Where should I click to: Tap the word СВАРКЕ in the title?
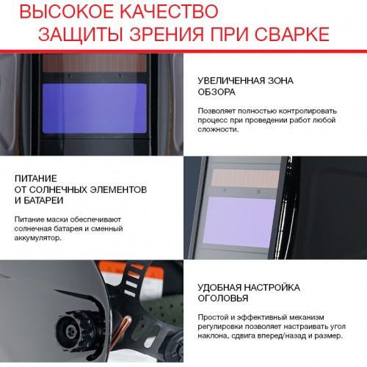pos(292,34)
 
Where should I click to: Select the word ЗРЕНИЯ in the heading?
pos(167,34)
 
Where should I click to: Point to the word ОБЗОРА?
pos(217,92)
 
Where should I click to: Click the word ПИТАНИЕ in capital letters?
pos(36,178)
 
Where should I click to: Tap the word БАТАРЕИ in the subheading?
pos(43,200)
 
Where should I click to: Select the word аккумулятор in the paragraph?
pos(37,238)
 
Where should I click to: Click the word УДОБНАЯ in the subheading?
pos(219,288)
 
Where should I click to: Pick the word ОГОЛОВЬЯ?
pos(223,299)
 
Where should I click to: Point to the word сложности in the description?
pos(217,129)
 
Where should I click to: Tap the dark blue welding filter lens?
pos(95,108)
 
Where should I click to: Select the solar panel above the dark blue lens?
pos(95,63)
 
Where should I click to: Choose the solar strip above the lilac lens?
pos(245,178)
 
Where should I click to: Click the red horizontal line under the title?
pos(183,51)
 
